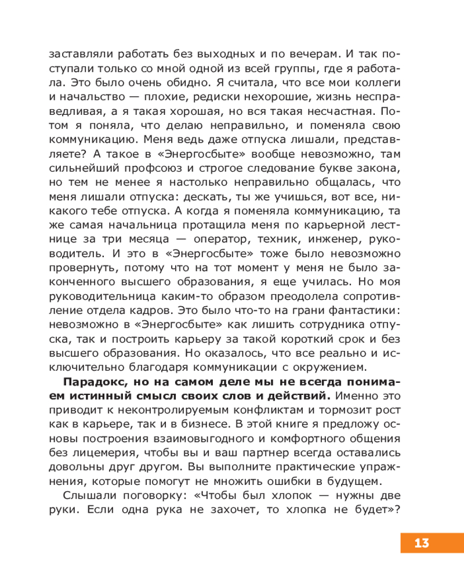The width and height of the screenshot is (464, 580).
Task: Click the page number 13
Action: [x=422, y=543]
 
